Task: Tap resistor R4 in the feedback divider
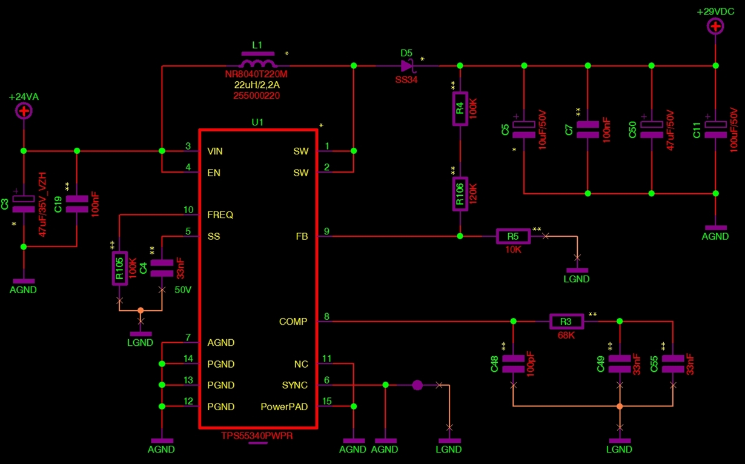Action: pos(460,109)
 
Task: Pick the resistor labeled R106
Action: pos(460,194)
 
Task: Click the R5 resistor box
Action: pos(513,236)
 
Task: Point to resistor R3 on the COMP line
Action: pos(566,322)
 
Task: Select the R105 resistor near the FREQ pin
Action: pos(120,268)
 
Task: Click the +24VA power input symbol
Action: pos(24,111)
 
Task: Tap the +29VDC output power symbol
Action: pos(715,26)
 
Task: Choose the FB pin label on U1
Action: pos(302,236)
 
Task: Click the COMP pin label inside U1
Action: pos(293,322)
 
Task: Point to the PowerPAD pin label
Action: pos(284,407)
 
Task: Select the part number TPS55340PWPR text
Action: pos(257,436)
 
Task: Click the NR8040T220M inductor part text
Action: pos(256,74)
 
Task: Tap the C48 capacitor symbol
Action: pos(513,364)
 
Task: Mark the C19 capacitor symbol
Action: pos(77,204)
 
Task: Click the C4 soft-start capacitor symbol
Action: pos(162,268)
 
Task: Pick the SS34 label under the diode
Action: pos(406,80)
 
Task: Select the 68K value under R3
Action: pos(566,335)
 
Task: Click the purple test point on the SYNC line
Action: pos(417,385)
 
